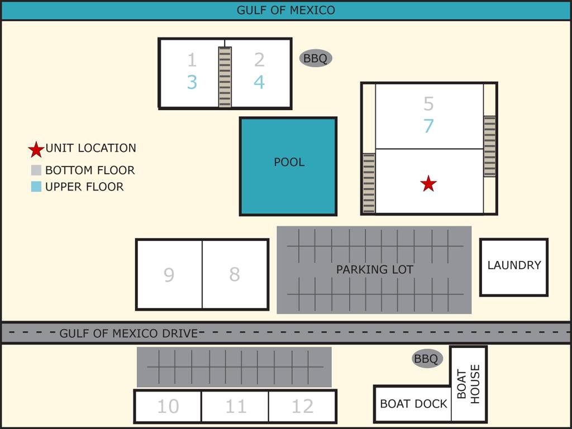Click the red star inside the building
click(428, 183)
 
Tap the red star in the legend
click(36, 149)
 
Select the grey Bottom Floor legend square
click(36, 170)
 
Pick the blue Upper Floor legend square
click(36, 187)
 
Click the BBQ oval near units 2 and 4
click(316, 58)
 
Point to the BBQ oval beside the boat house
click(427, 359)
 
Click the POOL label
click(289, 162)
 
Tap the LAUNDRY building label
click(514, 265)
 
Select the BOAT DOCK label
click(413, 404)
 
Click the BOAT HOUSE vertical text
click(468, 384)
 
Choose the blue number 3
click(192, 82)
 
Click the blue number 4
click(259, 82)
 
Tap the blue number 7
click(428, 126)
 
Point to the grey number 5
click(428, 103)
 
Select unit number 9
click(169, 275)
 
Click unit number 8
click(235, 274)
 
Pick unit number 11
click(235, 406)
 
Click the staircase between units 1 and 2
click(225, 77)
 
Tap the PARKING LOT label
click(374, 269)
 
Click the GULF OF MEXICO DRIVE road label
click(129, 333)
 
